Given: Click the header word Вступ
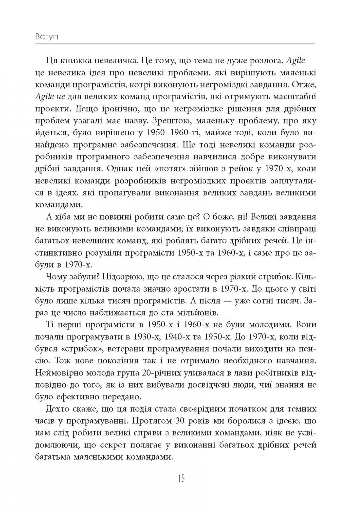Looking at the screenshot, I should coord(47,37).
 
